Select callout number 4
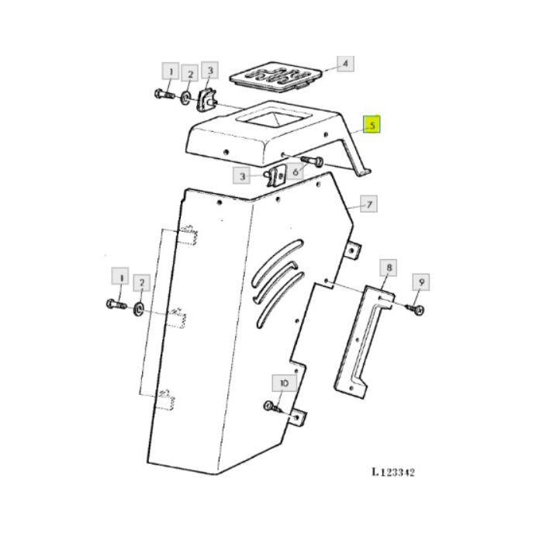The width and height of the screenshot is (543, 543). pos(344,64)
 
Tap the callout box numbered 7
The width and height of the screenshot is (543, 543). pos(370,205)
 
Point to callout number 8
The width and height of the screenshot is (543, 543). pos(389,269)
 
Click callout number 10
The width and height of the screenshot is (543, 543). pos(282,383)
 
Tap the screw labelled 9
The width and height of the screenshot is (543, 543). pos(414,310)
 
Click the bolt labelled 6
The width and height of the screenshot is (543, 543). pos(311,161)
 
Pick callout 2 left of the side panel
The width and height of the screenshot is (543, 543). pos(140,283)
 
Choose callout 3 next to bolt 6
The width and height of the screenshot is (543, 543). pos(243,177)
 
